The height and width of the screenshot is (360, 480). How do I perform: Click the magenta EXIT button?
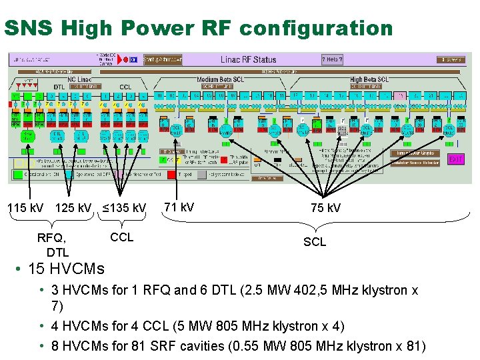click(x=456, y=160)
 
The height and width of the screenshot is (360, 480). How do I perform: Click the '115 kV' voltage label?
click(x=25, y=208)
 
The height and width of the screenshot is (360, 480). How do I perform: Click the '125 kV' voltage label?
click(x=74, y=208)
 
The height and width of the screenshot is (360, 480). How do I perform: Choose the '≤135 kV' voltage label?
click(x=124, y=208)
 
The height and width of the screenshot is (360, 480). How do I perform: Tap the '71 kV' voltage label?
click(x=179, y=207)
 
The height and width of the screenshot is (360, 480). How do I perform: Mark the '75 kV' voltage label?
click(x=326, y=208)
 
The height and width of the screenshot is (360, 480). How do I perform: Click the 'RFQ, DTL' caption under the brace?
click(x=53, y=245)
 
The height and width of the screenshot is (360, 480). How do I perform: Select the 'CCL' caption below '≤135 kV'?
click(x=121, y=237)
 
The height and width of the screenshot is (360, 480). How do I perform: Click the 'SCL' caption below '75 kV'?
click(x=315, y=242)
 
